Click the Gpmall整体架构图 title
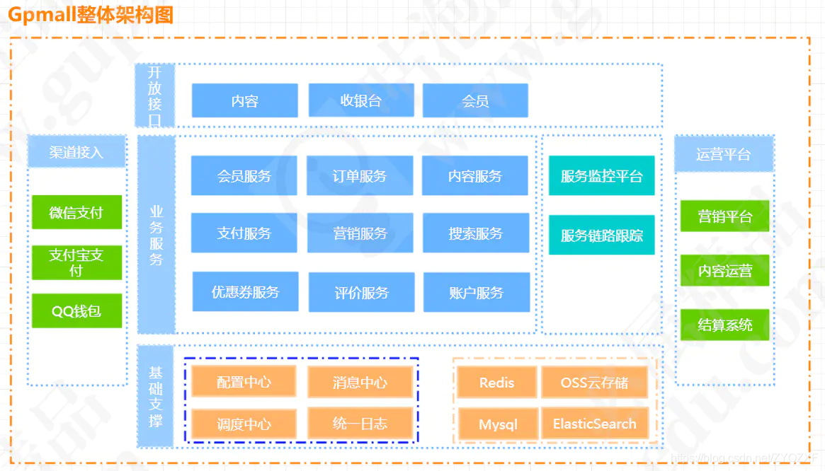(x=91, y=14)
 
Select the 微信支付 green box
(x=76, y=212)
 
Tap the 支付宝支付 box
(x=76, y=262)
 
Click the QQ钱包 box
(x=76, y=311)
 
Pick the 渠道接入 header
(x=76, y=152)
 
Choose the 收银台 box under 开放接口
(x=361, y=100)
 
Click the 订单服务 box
(x=360, y=175)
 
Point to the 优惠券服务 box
(x=245, y=291)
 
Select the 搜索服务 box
(x=475, y=233)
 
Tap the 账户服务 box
(x=476, y=292)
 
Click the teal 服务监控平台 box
(x=602, y=175)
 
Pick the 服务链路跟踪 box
(x=602, y=235)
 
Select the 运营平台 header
(x=724, y=154)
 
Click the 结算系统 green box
(x=724, y=325)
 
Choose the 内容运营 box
(x=724, y=270)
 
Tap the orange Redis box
(x=496, y=383)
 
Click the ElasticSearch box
(x=594, y=424)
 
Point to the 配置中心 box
(x=244, y=383)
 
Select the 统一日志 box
(x=360, y=424)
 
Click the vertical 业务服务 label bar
(x=157, y=235)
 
